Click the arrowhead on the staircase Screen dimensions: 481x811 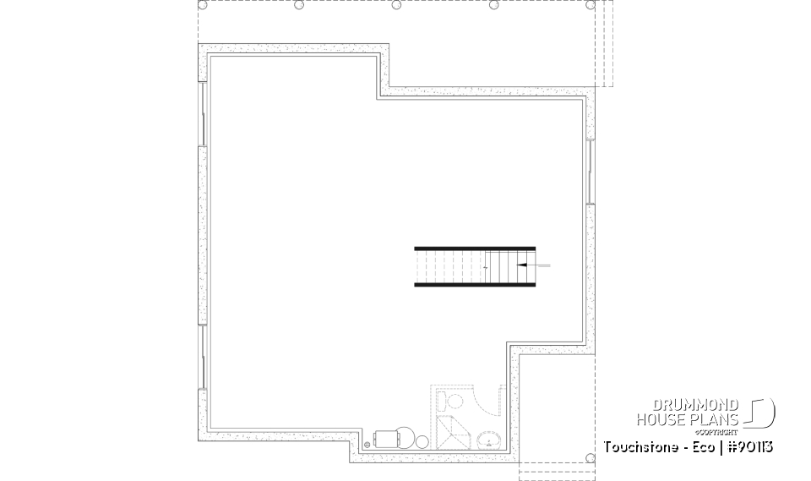tap(521, 265)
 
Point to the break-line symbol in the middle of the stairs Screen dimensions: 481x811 tap(487, 266)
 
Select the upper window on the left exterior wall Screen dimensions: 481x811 tap(202, 113)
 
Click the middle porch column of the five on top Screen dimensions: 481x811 tap(396, 5)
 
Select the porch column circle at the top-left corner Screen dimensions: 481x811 tap(202, 5)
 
